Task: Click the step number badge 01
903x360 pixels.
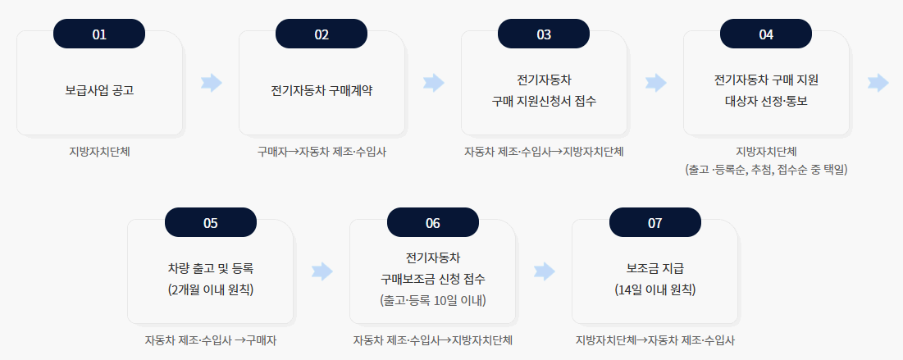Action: point(99,34)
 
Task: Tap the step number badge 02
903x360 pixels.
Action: point(322,34)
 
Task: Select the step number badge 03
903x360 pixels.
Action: point(544,34)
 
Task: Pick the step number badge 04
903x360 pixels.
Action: point(766,34)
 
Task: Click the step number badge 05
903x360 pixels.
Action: point(211,222)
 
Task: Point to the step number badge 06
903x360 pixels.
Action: point(433,222)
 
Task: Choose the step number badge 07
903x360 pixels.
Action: point(654,222)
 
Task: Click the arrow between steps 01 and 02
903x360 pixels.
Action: point(212,82)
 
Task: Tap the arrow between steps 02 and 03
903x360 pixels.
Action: point(434,82)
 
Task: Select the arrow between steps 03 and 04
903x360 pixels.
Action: point(656,82)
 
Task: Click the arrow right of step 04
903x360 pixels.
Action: point(878,82)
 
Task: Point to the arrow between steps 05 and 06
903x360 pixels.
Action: point(323,271)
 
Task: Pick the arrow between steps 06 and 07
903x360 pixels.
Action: point(545,271)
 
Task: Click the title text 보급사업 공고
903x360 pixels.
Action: point(99,90)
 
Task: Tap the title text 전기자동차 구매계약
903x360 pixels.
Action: point(322,90)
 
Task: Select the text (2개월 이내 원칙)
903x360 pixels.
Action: point(211,289)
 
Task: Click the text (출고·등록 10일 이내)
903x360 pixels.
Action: point(433,300)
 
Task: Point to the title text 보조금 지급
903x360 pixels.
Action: point(654,268)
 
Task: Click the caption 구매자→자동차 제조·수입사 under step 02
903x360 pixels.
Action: point(322,152)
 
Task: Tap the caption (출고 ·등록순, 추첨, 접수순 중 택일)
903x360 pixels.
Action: point(766,170)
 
